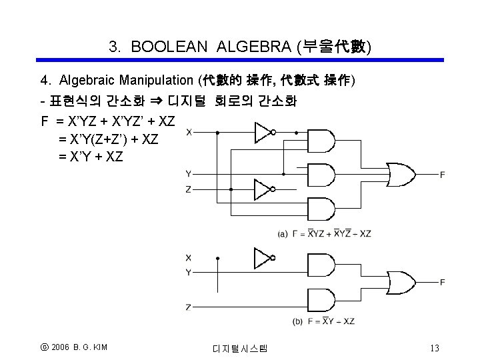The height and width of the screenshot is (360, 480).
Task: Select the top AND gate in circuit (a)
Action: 321,141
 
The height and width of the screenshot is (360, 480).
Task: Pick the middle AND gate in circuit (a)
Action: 321,175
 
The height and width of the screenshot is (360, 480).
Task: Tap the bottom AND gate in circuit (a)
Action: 321,209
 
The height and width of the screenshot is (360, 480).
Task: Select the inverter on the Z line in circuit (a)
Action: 265,189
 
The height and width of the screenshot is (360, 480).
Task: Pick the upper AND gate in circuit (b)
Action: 321,265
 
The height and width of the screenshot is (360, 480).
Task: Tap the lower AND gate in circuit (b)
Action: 321,300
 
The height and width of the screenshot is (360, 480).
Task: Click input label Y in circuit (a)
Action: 189,174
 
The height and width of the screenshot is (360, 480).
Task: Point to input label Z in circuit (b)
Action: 188,307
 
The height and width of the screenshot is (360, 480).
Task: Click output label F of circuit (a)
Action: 443,175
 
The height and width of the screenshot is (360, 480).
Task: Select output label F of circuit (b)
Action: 443,282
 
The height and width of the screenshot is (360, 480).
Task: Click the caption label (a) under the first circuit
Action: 283,234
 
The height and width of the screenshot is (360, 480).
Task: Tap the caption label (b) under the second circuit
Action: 297,321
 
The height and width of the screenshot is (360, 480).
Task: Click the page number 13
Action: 435,348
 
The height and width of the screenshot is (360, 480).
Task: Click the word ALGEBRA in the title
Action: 254,47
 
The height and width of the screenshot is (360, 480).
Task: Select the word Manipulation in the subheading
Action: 156,80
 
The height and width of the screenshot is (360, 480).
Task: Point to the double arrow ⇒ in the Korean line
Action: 157,101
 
